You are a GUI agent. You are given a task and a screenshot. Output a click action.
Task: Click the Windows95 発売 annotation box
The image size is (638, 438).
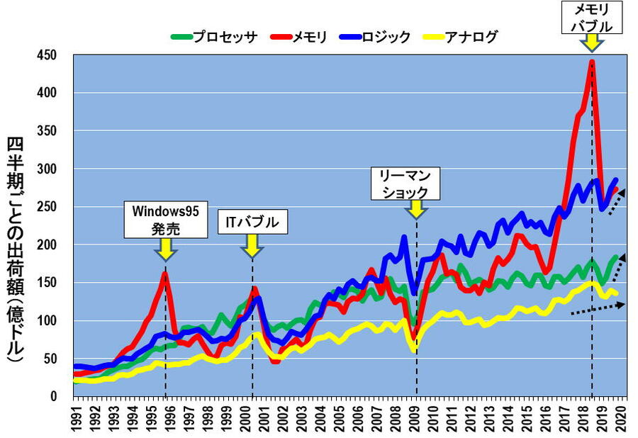[x=164, y=219]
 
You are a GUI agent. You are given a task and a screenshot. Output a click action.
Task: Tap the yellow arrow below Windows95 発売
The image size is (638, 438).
[x=165, y=249]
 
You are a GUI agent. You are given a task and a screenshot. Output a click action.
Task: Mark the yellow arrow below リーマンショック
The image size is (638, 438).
[x=416, y=209]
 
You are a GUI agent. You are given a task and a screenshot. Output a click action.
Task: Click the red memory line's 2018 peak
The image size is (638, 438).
[x=591, y=62]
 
